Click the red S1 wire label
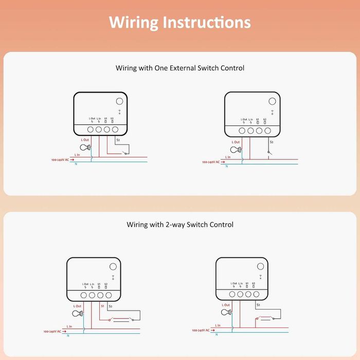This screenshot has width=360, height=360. (103, 306)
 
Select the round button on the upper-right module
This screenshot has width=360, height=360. (272, 101)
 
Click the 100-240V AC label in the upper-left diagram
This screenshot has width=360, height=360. (61, 160)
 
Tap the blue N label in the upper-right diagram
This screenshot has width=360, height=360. (228, 166)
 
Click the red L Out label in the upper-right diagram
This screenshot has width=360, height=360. (236, 142)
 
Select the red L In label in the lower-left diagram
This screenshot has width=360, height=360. (69, 326)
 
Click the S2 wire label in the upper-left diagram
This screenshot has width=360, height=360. (118, 140)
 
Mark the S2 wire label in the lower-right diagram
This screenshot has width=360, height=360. (258, 305)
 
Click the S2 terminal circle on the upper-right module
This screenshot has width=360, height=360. (267, 131)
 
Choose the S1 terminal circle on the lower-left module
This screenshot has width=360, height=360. (100, 295)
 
